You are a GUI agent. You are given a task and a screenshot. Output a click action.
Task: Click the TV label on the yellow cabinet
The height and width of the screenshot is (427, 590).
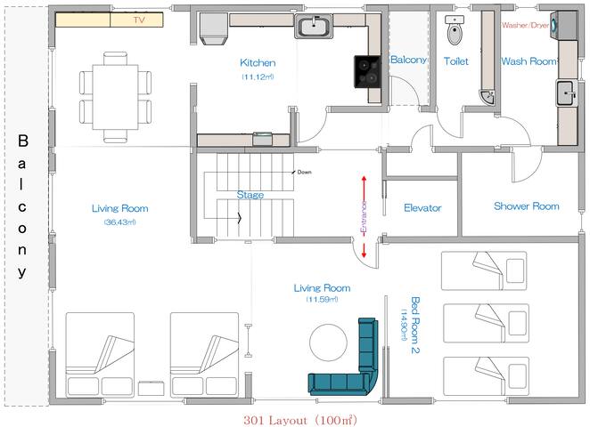[x=138, y=19]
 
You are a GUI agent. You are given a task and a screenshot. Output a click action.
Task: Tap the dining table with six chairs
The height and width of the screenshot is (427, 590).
[x=115, y=97]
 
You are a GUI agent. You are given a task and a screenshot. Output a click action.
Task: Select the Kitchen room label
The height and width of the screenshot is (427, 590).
[x=258, y=63]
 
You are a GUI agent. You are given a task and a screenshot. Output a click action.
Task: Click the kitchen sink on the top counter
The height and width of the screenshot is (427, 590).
[x=314, y=28]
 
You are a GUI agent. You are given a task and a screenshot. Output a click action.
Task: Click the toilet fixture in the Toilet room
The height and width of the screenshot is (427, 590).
[x=455, y=32]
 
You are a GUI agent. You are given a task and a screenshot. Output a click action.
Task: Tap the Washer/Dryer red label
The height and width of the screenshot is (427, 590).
[x=526, y=25]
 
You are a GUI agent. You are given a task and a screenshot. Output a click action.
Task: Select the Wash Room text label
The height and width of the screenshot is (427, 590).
[x=529, y=62]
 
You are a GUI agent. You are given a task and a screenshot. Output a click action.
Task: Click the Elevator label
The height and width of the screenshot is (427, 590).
[x=422, y=208]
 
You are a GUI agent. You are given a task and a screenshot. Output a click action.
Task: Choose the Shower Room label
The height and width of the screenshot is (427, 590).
[x=526, y=206]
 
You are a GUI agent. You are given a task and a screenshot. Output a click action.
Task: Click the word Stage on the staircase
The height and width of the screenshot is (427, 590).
[x=250, y=194]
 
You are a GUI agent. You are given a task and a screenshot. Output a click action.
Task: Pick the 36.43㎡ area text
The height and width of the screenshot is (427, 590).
[x=119, y=222]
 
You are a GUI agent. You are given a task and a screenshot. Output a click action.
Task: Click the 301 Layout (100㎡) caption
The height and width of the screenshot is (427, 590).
[x=293, y=418]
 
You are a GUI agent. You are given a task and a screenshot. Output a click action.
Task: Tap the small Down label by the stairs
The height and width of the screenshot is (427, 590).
[x=305, y=172]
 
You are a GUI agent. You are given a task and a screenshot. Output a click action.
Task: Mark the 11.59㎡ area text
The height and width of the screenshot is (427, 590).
[x=322, y=300]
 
